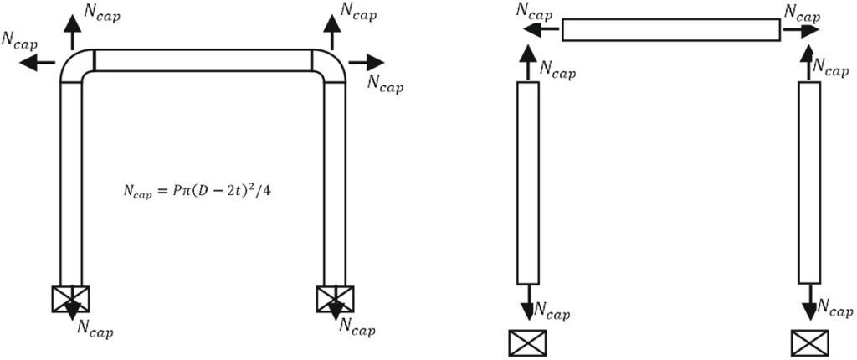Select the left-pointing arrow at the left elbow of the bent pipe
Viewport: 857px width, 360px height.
(39, 63)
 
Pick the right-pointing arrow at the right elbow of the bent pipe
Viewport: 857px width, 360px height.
(366, 63)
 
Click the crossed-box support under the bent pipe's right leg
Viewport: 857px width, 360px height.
(335, 299)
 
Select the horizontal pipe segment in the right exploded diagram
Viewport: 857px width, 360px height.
(670, 30)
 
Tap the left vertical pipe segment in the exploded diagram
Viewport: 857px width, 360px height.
(528, 183)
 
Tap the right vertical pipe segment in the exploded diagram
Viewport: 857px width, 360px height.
(809, 183)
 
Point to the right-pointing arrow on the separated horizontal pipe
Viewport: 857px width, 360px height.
(801, 30)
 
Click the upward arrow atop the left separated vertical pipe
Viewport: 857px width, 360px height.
(528, 62)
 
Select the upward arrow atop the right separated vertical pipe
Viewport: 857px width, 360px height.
(809, 62)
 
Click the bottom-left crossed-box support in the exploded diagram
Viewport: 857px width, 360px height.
(527, 342)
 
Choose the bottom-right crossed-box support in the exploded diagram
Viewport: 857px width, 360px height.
(809, 342)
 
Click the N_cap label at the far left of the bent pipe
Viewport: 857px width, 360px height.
(19, 40)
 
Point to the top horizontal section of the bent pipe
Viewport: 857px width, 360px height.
(203, 60)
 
